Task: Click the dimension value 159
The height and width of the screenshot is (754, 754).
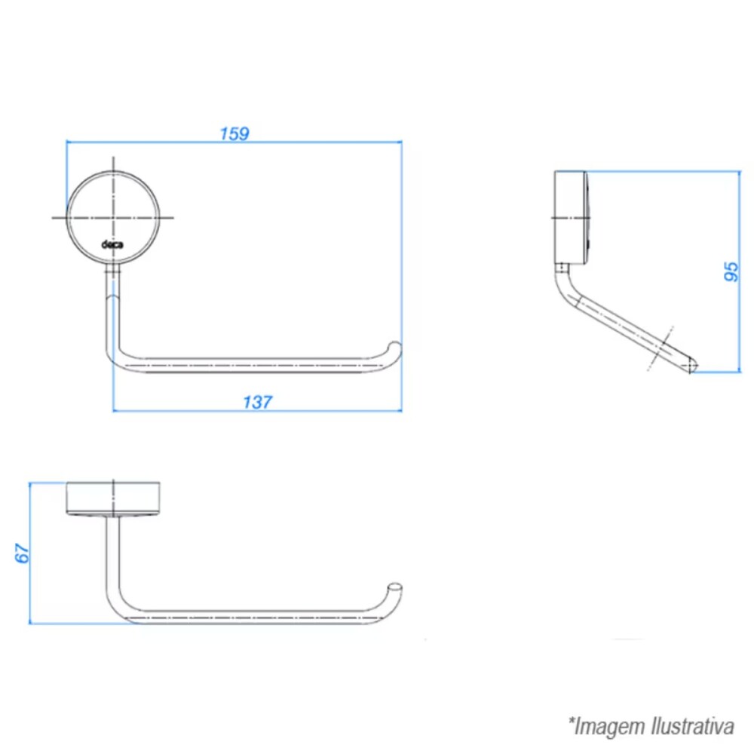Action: click(234, 133)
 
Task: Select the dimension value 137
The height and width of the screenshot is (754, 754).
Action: click(257, 402)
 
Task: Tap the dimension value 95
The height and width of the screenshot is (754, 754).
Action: click(731, 271)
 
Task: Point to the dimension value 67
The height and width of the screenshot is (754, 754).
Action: click(22, 553)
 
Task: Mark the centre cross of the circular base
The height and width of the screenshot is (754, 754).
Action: click(114, 217)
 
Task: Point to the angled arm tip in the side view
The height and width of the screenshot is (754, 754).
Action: click(691, 365)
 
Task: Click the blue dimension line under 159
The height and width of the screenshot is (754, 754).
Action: click(234, 141)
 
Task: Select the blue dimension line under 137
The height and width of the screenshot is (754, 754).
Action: click(257, 411)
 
